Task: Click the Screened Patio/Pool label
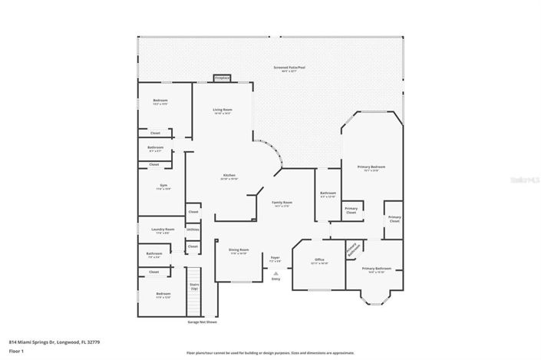point(289,68)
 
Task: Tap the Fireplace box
point(223,78)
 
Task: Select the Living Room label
point(223,111)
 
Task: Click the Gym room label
point(162,187)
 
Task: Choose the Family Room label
point(282,204)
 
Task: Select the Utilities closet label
point(193,229)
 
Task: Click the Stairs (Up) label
point(194,287)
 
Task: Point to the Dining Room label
point(238,251)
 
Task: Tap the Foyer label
point(275,259)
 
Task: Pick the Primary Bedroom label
point(371,168)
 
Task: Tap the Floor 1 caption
point(17,351)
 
